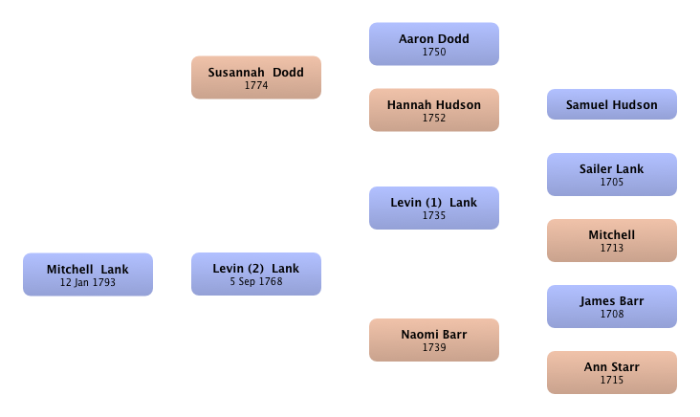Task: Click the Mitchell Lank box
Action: click(x=88, y=274)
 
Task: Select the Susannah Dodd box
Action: click(x=256, y=77)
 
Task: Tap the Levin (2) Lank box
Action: click(x=256, y=274)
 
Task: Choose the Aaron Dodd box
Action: click(x=434, y=44)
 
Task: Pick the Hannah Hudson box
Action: click(x=434, y=110)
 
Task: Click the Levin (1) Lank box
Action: click(x=434, y=208)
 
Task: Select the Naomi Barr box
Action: click(x=434, y=340)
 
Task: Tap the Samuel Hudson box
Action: click(x=612, y=104)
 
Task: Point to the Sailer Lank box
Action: click(x=612, y=175)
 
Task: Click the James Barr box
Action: click(x=612, y=306)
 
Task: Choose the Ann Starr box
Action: click(x=612, y=372)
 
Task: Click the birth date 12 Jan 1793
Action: click(x=88, y=282)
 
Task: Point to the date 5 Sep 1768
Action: click(x=256, y=282)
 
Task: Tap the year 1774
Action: click(x=256, y=85)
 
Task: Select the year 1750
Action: click(x=434, y=52)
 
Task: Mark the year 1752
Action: click(x=434, y=118)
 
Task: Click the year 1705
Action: click(x=612, y=182)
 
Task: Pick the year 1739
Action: click(x=434, y=347)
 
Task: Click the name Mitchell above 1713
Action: click(x=612, y=235)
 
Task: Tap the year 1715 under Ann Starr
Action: click(x=612, y=380)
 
